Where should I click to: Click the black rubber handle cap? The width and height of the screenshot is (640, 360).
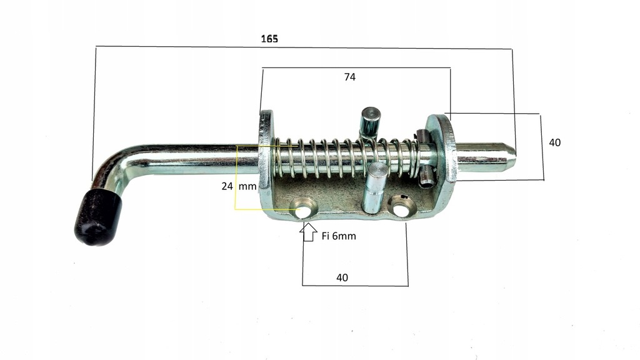[x=97, y=217]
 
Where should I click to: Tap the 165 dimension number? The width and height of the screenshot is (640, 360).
[x=269, y=39]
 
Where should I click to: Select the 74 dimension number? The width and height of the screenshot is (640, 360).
[x=350, y=77]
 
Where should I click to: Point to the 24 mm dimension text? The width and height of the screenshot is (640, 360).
[x=238, y=186]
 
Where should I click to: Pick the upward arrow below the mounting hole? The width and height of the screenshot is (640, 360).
[x=307, y=232]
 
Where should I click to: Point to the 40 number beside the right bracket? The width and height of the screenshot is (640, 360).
[x=554, y=142]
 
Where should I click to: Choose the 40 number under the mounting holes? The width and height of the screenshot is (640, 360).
[x=342, y=277]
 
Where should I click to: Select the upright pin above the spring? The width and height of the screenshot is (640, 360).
[x=369, y=121]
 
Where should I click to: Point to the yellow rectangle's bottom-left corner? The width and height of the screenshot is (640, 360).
[x=236, y=209]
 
